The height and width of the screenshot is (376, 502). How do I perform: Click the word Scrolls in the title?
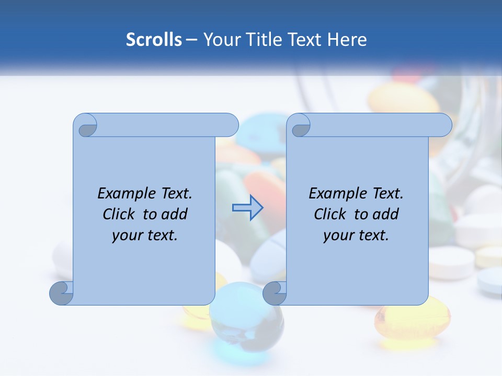pos(154,40)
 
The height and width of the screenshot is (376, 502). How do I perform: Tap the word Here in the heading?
pos(347,40)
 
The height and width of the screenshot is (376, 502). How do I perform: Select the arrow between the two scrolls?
pos(248,208)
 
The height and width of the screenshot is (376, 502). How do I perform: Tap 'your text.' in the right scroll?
pos(356,235)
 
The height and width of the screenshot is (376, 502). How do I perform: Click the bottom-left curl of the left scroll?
pos(61,293)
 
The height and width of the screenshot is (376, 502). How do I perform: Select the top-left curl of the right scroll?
pos(300,126)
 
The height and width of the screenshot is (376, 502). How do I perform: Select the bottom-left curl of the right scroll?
pos(275,293)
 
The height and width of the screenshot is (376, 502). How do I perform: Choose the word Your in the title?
pos(219,40)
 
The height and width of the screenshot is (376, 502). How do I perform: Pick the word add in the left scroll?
pos(174,214)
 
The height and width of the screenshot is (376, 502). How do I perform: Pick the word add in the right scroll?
pos(385,214)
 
